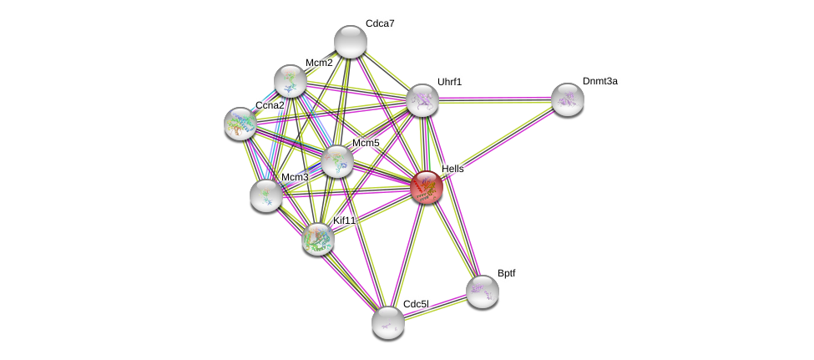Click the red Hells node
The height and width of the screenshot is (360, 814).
click(427, 187)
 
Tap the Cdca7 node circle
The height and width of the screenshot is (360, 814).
click(351, 42)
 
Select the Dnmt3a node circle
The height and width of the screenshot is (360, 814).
click(568, 99)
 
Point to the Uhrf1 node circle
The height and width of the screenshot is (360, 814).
click(422, 100)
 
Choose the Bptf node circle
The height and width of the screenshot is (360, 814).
click(483, 292)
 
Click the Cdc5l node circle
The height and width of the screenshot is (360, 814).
click(388, 322)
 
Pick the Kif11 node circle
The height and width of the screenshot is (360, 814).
click(318, 239)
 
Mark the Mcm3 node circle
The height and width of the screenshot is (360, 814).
click(266, 195)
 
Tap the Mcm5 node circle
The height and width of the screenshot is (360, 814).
click(337, 161)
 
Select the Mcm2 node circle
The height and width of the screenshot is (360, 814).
click(291, 81)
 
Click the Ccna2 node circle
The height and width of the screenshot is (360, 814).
click(240, 124)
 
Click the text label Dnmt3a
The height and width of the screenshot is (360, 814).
click(599, 81)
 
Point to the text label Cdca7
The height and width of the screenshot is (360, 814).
click(380, 23)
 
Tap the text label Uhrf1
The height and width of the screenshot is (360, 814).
click(449, 82)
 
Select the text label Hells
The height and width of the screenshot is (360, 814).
click(453, 169)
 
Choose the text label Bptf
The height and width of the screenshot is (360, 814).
click(506, 273)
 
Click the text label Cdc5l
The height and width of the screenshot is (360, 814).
click(415, 304)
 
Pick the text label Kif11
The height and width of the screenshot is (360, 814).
click(344, 221)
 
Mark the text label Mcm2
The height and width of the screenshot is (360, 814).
click(319, 63)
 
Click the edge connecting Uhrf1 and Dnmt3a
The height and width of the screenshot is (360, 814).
click(495, 100)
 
